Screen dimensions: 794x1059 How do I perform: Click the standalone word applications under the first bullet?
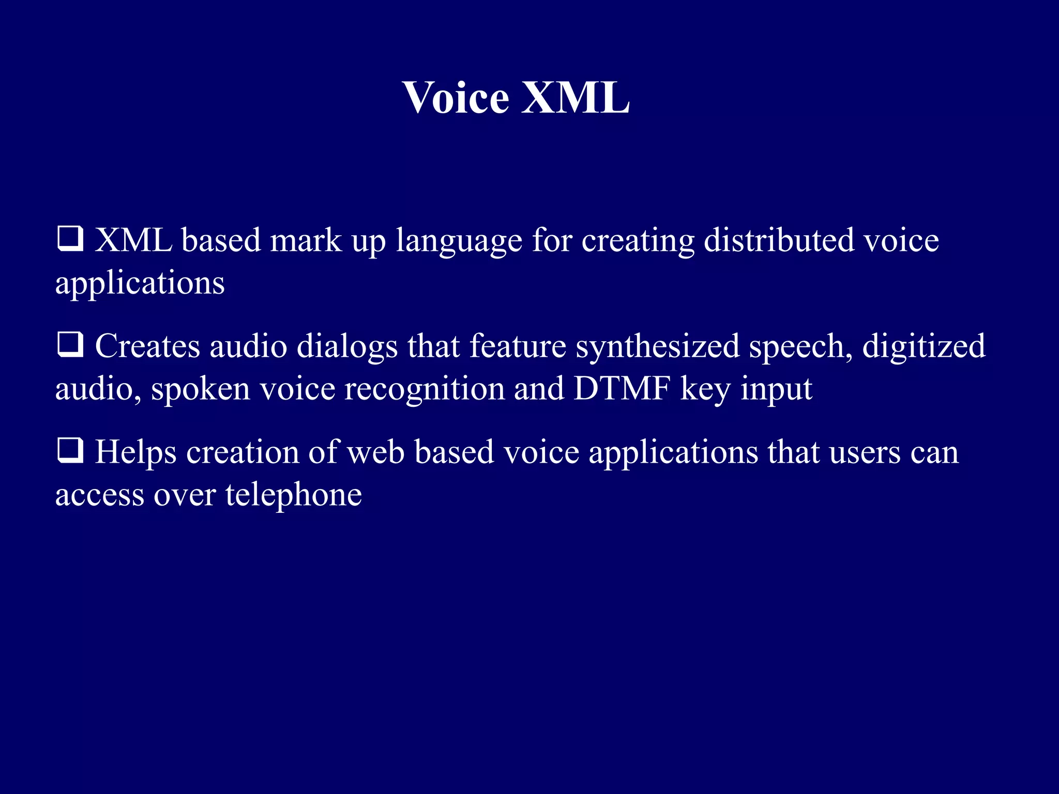140,284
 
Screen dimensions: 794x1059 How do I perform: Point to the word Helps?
135,453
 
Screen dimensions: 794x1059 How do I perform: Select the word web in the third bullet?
375,452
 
